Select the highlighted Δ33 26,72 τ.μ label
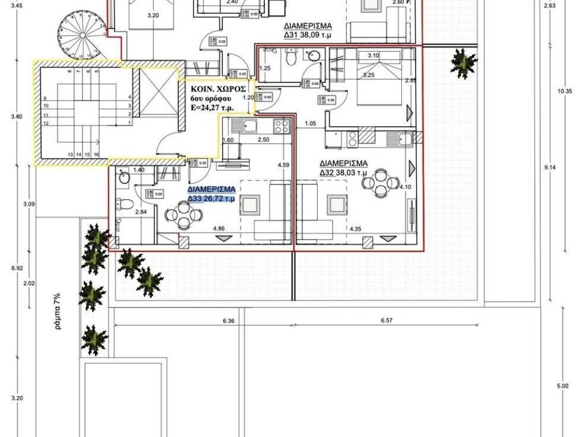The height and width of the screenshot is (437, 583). (212, 199)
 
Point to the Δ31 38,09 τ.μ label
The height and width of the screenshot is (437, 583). (308, 35)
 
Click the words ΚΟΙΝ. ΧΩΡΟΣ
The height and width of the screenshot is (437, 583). (219, 89)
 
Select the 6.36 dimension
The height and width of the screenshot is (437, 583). (229, 321)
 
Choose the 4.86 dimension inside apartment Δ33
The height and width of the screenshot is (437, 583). (219, 229)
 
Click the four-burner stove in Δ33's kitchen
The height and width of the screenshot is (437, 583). (280, 125)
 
